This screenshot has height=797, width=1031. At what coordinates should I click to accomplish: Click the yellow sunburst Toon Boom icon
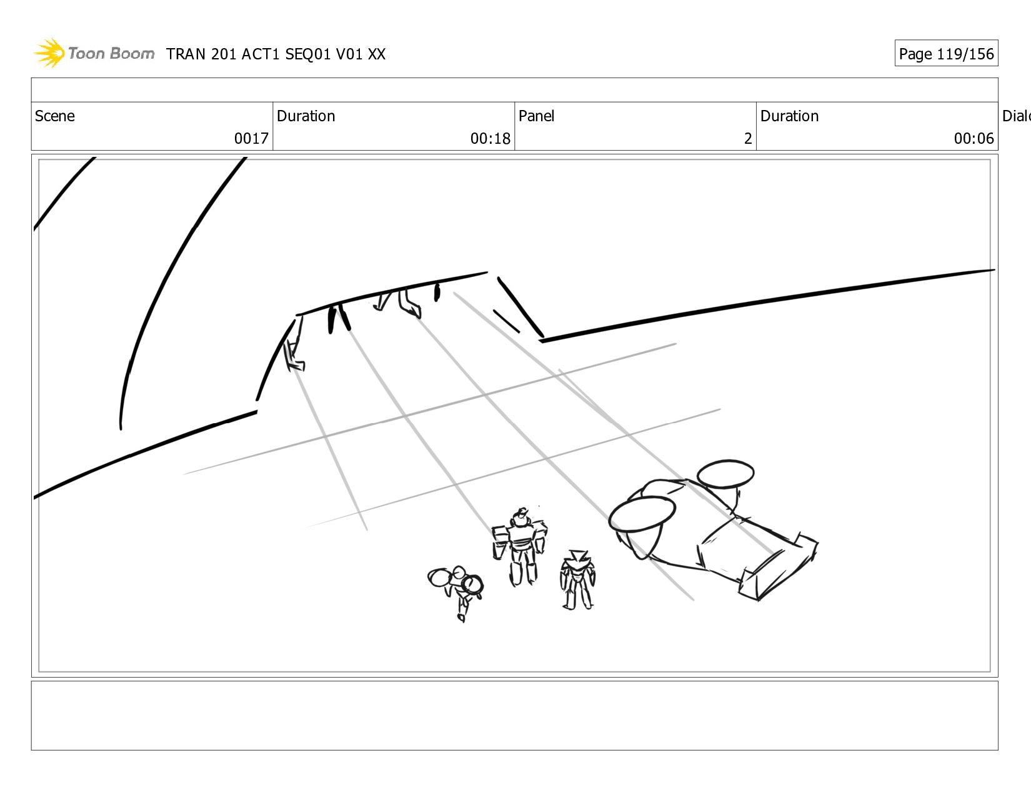pos(49,53)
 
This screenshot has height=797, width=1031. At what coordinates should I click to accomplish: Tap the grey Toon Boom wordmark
pos(111,53)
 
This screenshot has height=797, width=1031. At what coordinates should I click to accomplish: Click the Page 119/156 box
pos(946,53)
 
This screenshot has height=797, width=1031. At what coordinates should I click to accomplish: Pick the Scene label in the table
pos(54,116)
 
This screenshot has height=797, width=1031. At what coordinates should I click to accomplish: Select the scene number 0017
pos(251,138)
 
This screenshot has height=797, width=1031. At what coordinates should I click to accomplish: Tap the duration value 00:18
pos(490,138)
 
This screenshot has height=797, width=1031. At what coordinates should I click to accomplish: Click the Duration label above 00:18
pos(306,116)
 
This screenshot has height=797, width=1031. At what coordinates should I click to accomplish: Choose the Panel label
pos(536,116)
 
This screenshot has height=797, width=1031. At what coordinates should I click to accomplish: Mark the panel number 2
pos(748,138)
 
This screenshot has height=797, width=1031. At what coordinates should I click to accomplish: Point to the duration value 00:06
pos(974,138)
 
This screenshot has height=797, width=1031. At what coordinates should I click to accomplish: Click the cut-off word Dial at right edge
pos(1016,116)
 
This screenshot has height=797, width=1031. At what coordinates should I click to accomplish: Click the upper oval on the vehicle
pos(725,473)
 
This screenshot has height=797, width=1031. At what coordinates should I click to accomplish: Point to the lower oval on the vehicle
pos(642,514)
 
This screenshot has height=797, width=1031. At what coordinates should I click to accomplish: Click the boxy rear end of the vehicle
pos(778,567)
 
